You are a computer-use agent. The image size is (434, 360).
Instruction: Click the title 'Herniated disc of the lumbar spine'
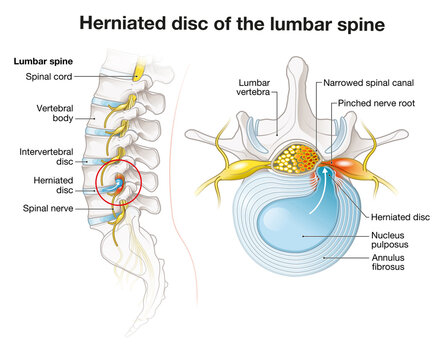coord(217,21)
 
